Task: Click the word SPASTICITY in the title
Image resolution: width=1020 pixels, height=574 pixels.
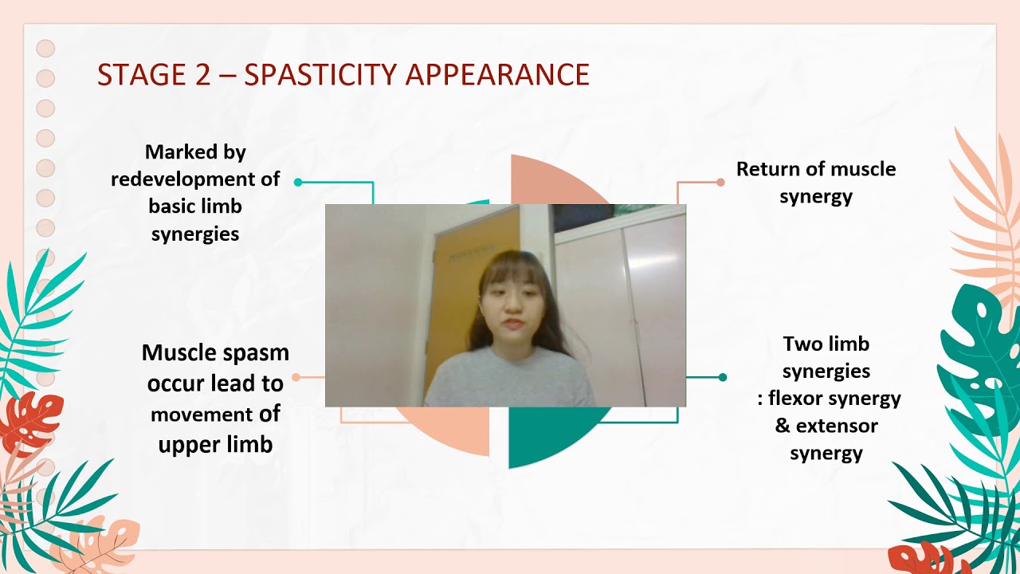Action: click(x=321, y=74)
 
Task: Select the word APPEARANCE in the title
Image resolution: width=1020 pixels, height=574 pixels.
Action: click(x=497, y=74)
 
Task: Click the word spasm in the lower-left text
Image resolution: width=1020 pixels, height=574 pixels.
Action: click(x=254, y=352)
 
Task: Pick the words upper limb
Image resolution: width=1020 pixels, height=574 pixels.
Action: click(x=215, y=444)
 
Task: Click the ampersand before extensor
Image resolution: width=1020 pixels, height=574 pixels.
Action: click(x=783, y=426)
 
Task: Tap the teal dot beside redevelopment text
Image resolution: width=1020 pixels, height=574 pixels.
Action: click(x=298, y=182)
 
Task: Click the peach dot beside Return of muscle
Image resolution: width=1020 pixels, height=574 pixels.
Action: click(x=720, y=182)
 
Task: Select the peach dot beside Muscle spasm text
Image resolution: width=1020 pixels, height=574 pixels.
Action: click(x=296, y=377)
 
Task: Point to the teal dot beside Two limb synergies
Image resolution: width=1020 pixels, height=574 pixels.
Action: click(x=723, y=377)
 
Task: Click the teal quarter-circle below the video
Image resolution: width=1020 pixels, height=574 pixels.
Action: click(x=550, y=434)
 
